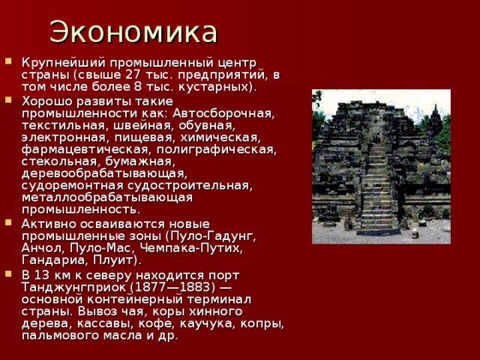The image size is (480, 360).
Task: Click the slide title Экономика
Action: pyautogui.click(x=133, y=32)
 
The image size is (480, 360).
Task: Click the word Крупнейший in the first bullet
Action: pyautogui.click(x=55, y=61)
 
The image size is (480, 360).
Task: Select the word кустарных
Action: pyautogui.click(x=223, y=87)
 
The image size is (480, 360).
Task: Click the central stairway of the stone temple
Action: pyautogui.click(x=378, y=187)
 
